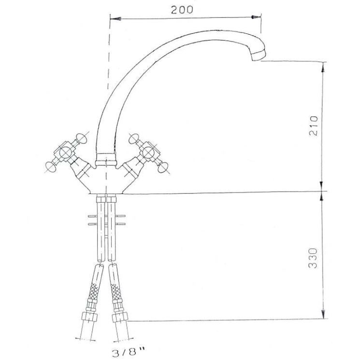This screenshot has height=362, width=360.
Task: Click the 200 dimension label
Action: click(182, 10)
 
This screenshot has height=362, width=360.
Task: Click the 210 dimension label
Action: click(314, 126)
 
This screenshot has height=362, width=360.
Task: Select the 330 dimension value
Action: click(313, 258)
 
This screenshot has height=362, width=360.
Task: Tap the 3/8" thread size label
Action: click(129, 352)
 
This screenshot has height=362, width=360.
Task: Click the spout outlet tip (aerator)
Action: click(259, 56)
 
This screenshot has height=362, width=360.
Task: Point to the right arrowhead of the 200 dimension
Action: click(256, 17)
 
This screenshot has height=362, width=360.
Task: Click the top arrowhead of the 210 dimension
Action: click(323, 67)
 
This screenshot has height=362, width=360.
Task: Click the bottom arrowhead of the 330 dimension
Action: click(323, 313)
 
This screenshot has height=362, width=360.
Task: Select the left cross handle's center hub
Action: click(65, 153)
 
